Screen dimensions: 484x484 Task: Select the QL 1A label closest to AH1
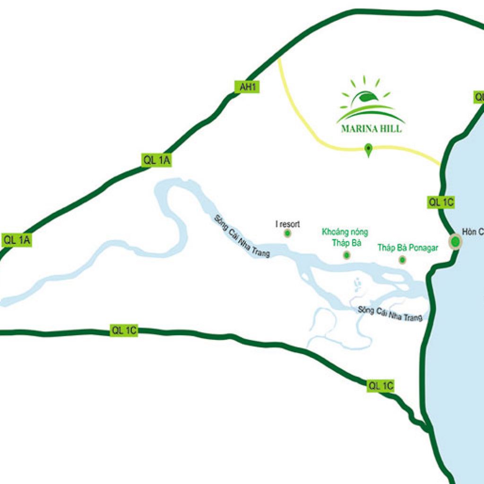[x=156, y=161]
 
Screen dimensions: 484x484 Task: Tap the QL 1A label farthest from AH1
[x=17, y=240]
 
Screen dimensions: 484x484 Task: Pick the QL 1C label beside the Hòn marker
[x=441, y=202]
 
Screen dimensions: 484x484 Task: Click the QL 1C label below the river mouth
[x=381, y=386]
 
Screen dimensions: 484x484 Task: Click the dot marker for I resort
[x=287, y=233]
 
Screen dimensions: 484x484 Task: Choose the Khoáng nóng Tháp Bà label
[x=345, y=237]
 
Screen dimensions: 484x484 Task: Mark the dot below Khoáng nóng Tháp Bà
[x=346, y=255]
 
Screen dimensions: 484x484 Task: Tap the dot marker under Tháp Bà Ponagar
[x=402, y=259]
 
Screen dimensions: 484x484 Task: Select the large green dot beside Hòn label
[x=455, y=242]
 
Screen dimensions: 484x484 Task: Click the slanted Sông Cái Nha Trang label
[x=242, y=236]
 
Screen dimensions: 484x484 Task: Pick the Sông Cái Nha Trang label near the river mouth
[x=390, y=313]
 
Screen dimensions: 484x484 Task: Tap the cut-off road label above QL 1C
[x=478, y=97]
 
